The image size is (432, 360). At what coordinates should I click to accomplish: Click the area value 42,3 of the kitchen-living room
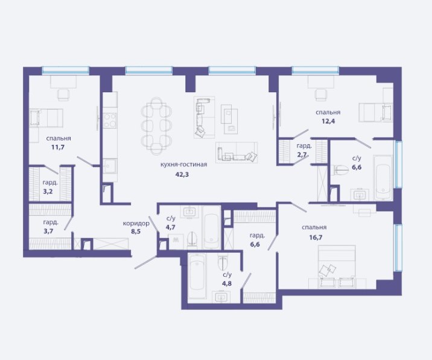[x=182, y=174]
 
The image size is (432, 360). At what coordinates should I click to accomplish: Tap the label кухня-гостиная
[x=183, y=165]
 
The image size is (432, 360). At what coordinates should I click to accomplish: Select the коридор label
[x=136, y=223]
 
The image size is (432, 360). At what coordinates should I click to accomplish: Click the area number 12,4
[x=328, y=121]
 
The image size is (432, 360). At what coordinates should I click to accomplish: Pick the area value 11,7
[x=58, y=147]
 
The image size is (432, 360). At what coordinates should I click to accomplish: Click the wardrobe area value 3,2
[x=48, y=191]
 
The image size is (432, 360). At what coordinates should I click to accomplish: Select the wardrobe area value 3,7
[x=48, y=231]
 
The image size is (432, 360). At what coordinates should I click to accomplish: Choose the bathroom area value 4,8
[x=227, y=283]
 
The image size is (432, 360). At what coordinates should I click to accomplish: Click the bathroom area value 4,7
[x=171, y=227]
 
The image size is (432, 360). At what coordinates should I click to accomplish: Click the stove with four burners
[x=110, y=121]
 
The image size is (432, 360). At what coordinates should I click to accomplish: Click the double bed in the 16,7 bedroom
[x=337, y=267]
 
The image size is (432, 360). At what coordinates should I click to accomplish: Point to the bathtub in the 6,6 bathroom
[x=383, y=178]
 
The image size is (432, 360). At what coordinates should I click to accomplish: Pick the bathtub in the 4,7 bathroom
[x=211, y=227]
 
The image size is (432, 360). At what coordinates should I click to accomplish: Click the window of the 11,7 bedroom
[x=66, y=70]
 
